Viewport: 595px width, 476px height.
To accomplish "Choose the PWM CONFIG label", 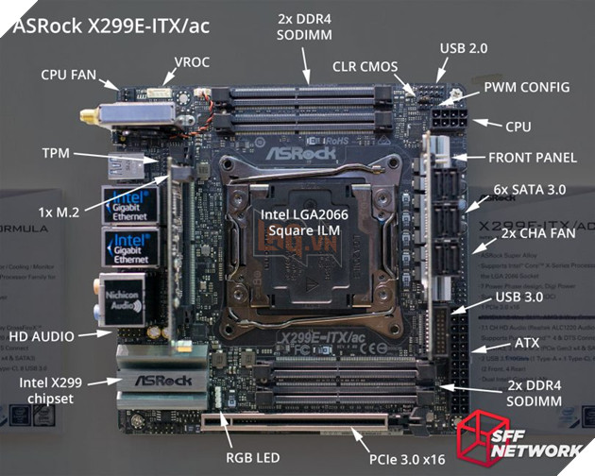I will [x=526, y=87].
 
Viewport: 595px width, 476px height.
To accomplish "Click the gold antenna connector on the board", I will [x=88, y=116].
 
